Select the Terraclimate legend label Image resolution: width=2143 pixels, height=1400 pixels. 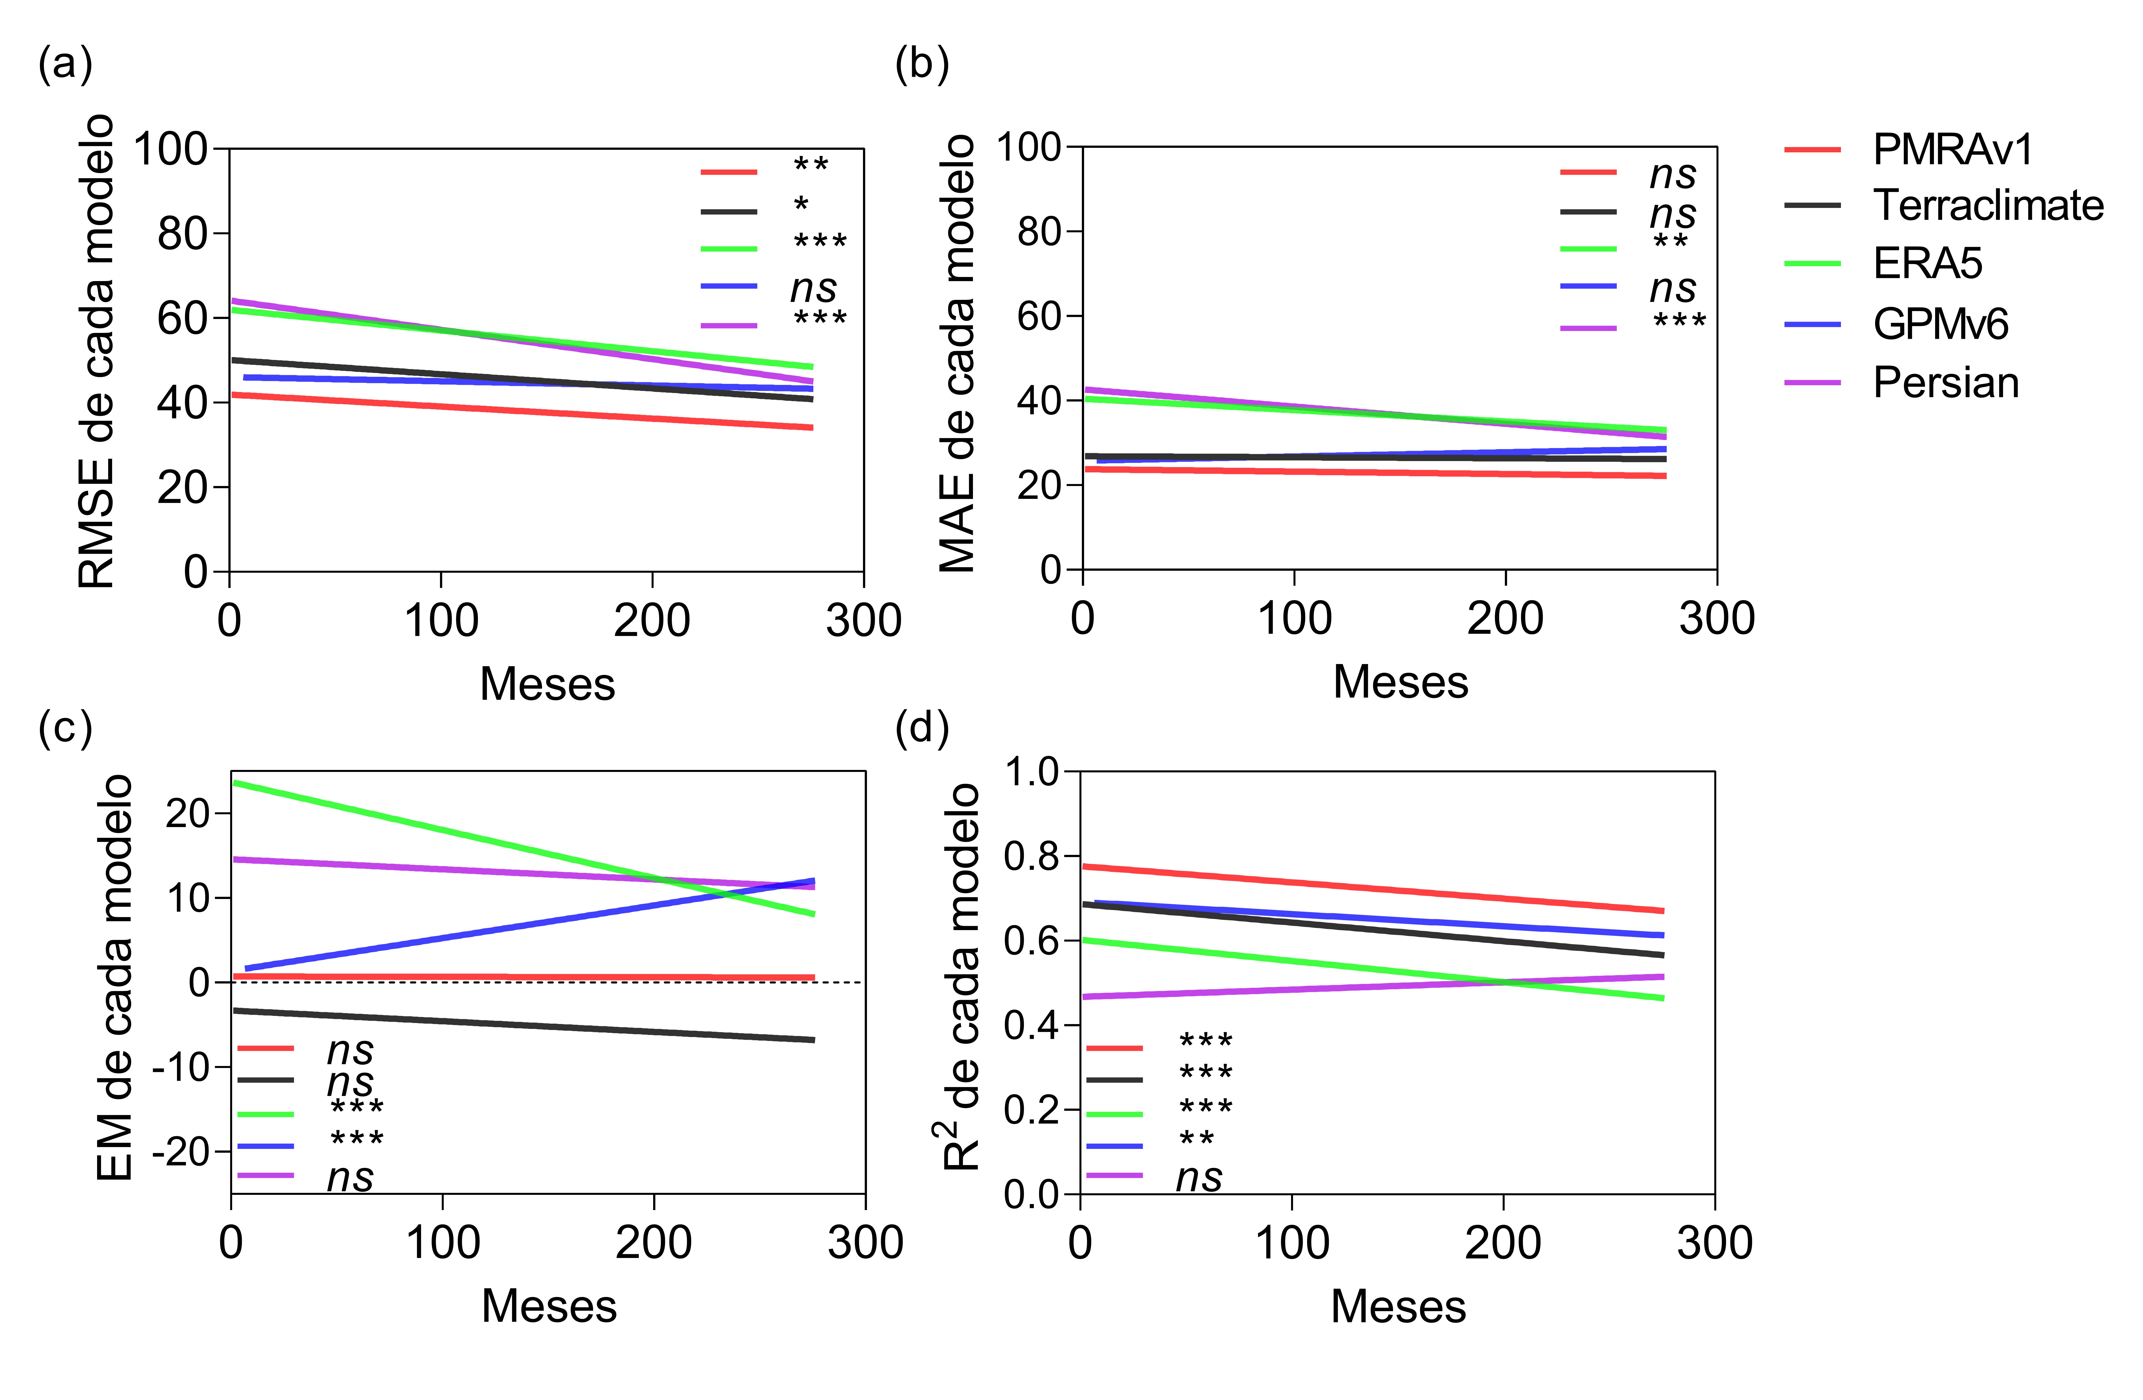click(1987, 206)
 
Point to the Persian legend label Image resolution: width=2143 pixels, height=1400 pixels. click(1945, 383)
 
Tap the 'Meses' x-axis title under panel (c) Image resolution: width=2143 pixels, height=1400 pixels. click(548, 1305)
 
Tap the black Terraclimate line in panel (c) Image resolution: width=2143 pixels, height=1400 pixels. click(522, 1025)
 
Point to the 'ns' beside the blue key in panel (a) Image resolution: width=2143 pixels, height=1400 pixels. click(813, 288)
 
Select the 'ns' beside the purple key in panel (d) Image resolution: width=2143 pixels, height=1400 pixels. click(1198, 1177)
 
